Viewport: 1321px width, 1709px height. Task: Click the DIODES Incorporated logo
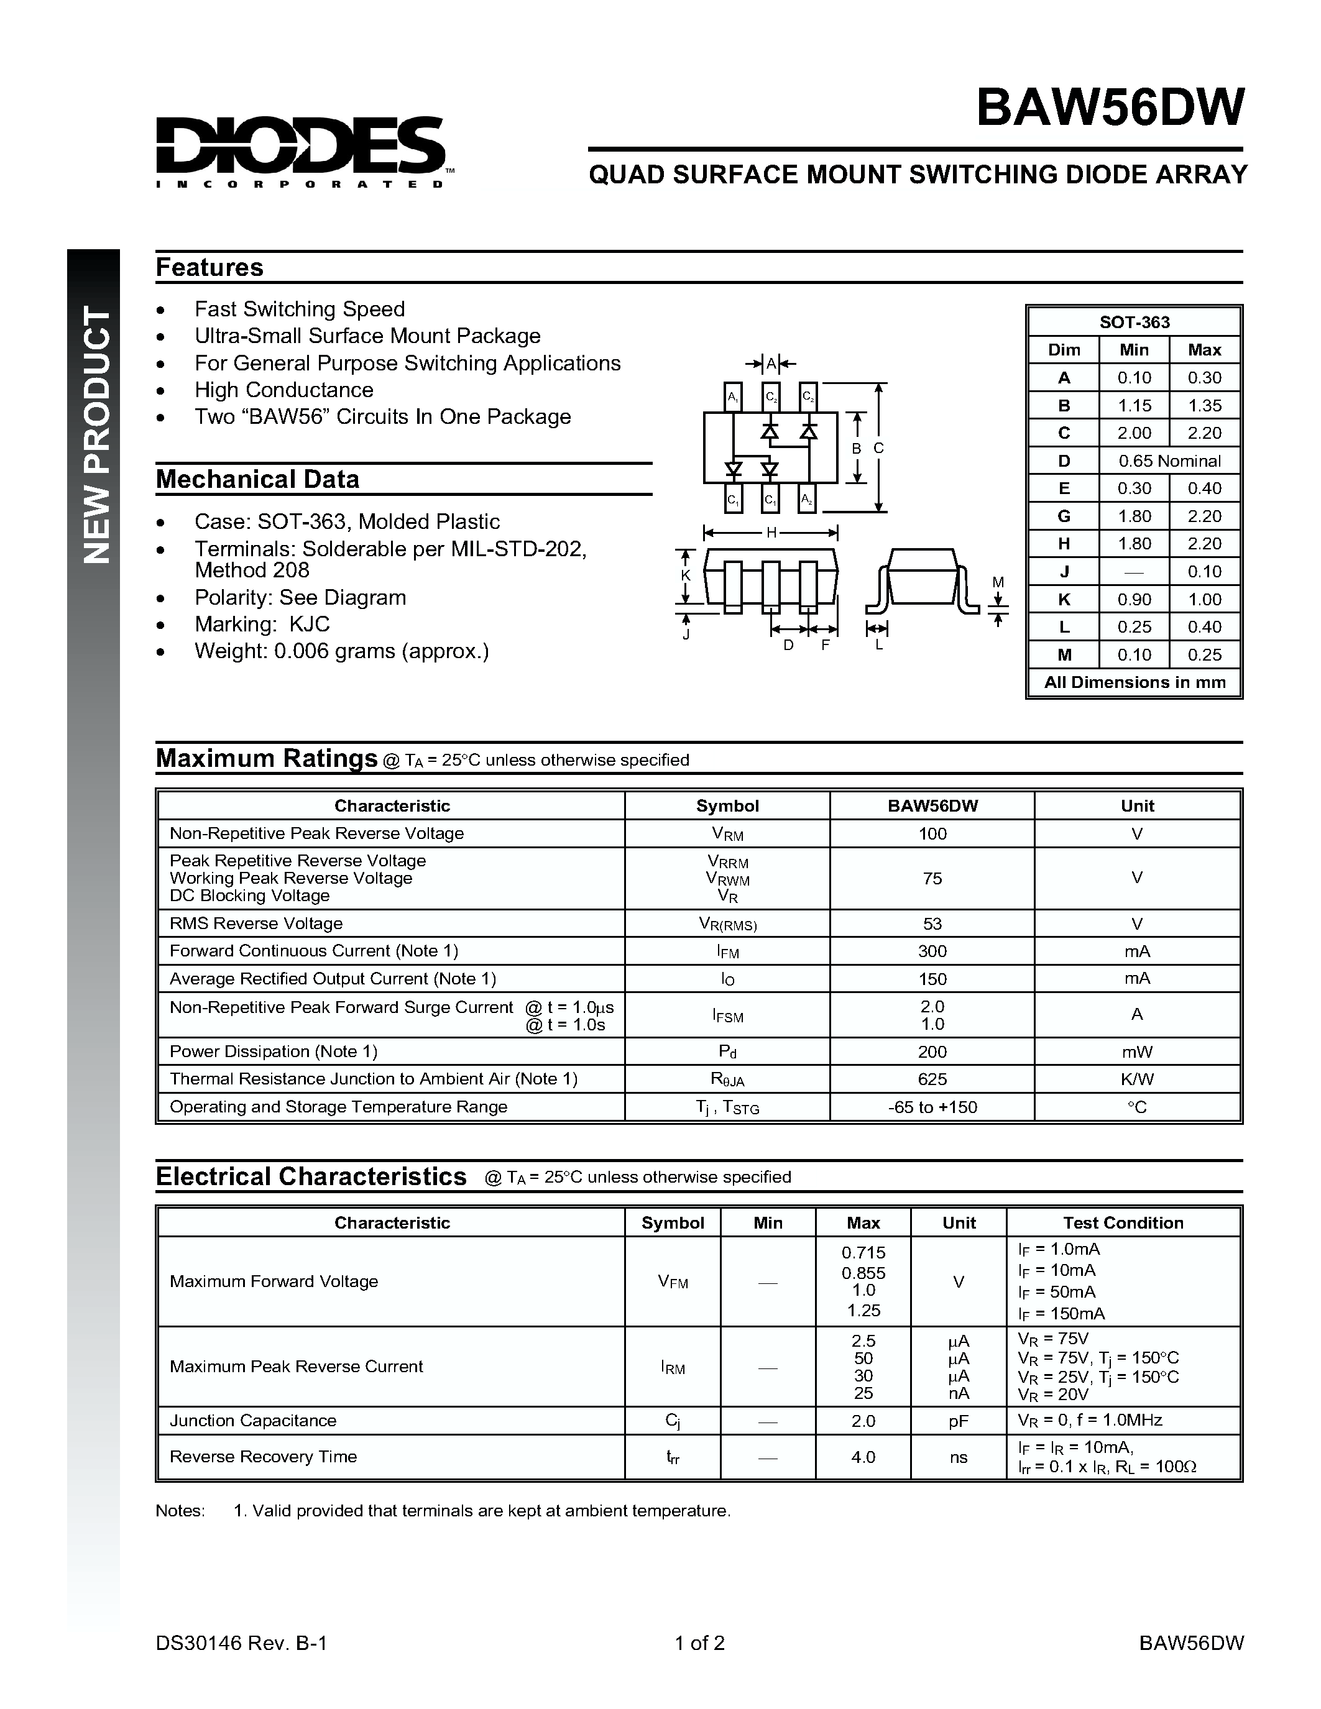pyautogui.click(x=301, y=151)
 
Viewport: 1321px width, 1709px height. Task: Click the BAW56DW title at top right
pyautogui.click(x=1109, y=108)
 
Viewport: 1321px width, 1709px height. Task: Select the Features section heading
pyautogui.click(x=209, y=268)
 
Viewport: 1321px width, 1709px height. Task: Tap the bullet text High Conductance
pyautogui.click(x=284, y=390)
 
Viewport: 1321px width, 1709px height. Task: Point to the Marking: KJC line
pyautogui.click(x=262, y=625)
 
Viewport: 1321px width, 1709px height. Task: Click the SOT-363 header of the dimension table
pyautogui.click(x=1134, y=323)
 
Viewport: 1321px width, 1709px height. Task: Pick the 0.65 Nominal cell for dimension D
pyautogui.click(x=1169, y=461)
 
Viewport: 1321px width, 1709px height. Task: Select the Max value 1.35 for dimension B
pyautogui.click(x=1204, y=405)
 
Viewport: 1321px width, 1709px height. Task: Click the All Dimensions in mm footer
pyautogui.click(x=1134, y=682)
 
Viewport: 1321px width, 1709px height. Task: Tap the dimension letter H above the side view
pyautogui.click(x=771, y=533)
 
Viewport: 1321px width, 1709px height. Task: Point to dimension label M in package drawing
pyautogui.click(x=998, y=582)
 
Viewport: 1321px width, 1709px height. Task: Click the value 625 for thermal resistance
pyautogui.click(x=932, y=1079)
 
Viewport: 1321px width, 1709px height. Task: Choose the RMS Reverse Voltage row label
pyautogui.click(x=256, y=923)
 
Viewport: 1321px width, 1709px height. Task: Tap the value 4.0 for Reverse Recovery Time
pyautogui.click(x=863, y=1457)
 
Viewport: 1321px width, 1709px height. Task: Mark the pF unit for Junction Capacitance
pyautogui.click(x=959, y=1420)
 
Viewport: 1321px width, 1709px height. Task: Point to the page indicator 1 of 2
pyautogui.click(x=699, y=1643)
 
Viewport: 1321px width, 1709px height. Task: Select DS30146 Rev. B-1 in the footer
pyautogui.click(x=241, y=1643)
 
